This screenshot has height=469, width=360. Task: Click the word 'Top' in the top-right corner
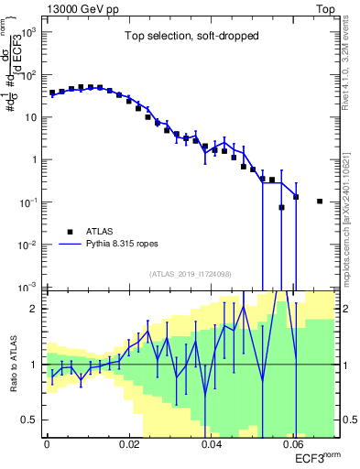point(325,8)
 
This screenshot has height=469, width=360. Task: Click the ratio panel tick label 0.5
point(34,420)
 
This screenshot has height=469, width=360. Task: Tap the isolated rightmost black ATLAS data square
point(319,202)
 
